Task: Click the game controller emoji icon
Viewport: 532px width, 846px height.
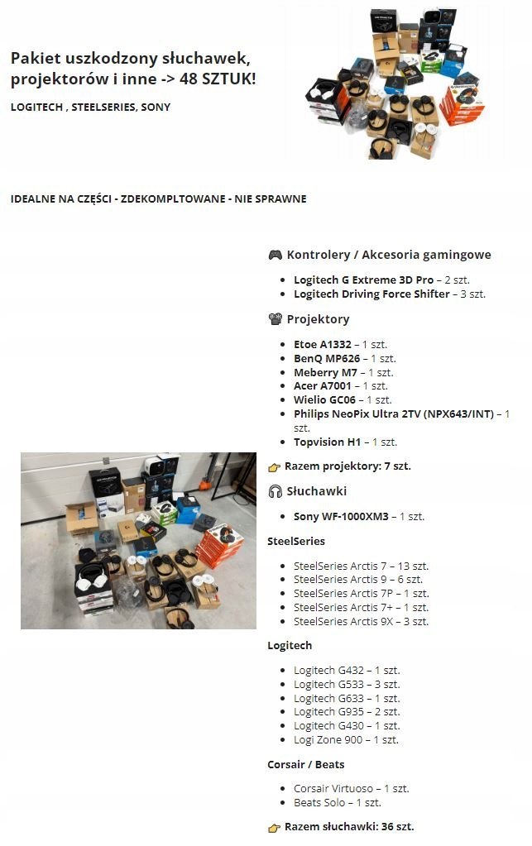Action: tap(276, 255)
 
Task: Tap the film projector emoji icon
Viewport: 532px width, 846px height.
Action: tap(276, 319)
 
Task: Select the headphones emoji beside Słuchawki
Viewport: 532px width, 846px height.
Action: tap(276, 491)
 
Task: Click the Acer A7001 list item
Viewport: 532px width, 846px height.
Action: tap(328, 386)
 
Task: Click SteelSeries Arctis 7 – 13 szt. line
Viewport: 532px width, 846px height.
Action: tap(361, 566)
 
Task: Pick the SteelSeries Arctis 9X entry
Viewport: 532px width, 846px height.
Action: tap(361, 622)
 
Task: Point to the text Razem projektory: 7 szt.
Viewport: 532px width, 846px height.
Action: tap(347, 466)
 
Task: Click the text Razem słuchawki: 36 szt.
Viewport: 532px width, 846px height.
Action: tap(349, 827)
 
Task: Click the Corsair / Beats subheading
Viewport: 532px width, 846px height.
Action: tap(306, 765)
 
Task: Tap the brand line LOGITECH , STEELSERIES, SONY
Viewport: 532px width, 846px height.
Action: tap(91, 108)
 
